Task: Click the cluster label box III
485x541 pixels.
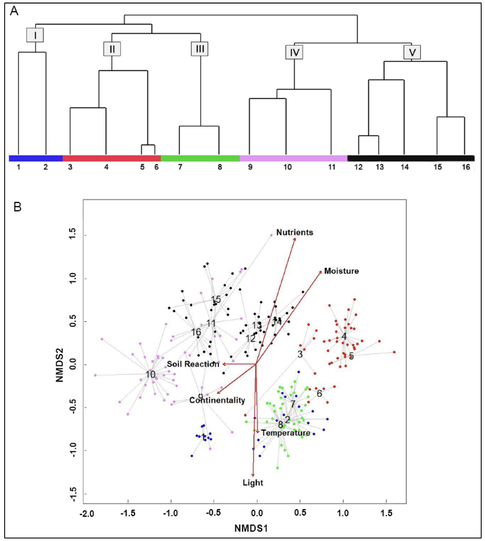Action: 200,49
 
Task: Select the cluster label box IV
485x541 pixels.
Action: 294,52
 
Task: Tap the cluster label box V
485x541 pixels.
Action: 412,52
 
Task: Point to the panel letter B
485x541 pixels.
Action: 17,207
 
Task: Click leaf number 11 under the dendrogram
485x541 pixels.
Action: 332,167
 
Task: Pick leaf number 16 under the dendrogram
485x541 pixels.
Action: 466,167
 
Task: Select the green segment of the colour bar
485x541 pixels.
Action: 200,158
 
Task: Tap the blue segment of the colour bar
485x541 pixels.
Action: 36,158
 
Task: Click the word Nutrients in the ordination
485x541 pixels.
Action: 295,232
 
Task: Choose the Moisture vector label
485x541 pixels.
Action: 341,271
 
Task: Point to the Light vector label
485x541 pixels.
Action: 253,483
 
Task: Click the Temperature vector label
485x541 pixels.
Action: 285,433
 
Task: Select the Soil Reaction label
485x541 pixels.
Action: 193,364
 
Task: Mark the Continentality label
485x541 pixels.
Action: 217,400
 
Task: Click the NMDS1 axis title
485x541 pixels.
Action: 251,528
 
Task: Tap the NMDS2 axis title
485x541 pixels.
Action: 60,365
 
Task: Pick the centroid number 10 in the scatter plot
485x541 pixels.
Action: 151,375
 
